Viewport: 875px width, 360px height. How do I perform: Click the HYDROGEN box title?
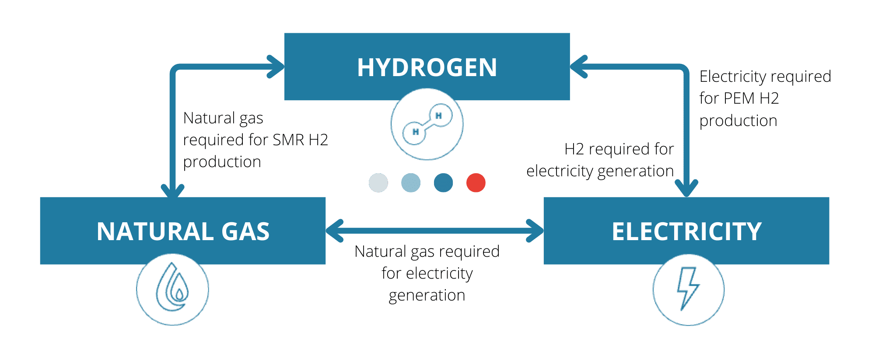427,67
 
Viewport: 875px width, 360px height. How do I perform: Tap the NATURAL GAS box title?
183,231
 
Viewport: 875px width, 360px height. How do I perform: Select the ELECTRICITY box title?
686,231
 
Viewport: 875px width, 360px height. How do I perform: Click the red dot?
476,183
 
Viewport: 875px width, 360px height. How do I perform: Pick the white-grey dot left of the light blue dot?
378,183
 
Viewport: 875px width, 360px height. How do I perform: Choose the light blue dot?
411,183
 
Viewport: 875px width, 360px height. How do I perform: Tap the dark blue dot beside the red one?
443,183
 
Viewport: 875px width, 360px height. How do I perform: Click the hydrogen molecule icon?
427,124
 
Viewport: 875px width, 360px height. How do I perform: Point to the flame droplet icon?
172,289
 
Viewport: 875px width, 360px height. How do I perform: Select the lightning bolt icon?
688,289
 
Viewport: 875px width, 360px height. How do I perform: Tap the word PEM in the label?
739,98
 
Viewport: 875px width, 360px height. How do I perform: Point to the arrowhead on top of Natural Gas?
172,191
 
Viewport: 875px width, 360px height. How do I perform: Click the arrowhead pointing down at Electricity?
686,190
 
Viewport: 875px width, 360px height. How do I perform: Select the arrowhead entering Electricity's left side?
536,231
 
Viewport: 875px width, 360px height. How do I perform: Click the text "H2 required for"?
619,149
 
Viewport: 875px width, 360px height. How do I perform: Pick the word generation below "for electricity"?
427,295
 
